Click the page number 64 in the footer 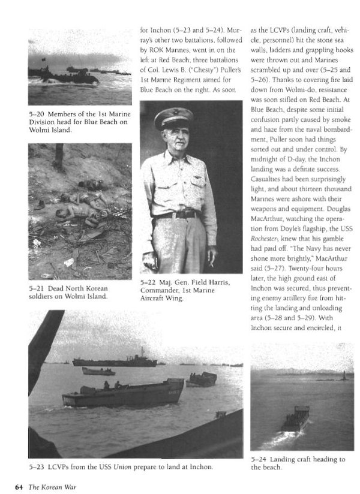pyautogui.click(x=19, y=485)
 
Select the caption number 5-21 pyautogui.click(x=36, y=287)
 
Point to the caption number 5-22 pyautogui.click(x=147, y=282)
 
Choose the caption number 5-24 pyautogui.click(x=259, y=459)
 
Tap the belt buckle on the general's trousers pyautogui.click(x=178, y=215)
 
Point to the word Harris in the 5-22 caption pyautogui.click(x=214, y=282)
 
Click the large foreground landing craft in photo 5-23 pyautogui.click(x=123, y=393)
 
